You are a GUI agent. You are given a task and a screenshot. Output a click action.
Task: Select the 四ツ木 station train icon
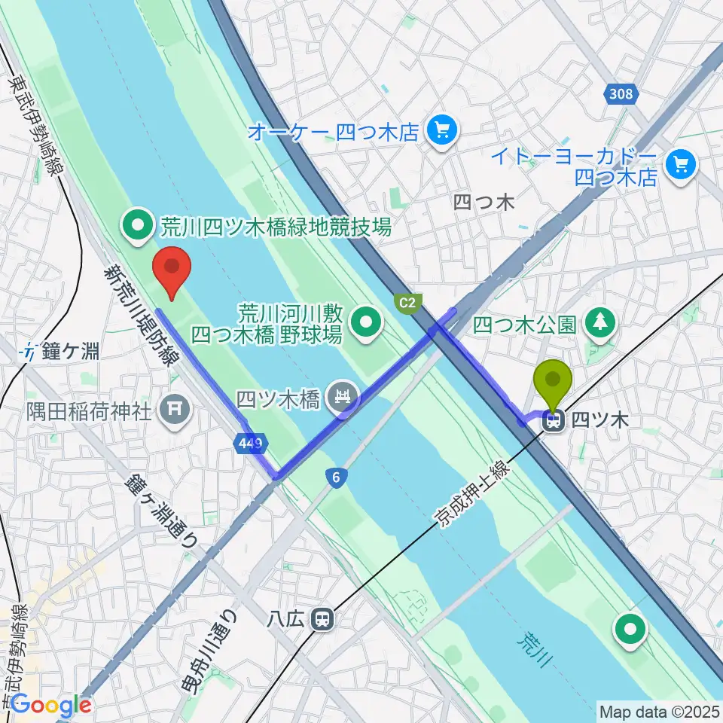[554, 422]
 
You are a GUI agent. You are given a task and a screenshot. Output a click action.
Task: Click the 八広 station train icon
[323, 619]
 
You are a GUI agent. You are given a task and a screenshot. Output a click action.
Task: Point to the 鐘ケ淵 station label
[68, 350]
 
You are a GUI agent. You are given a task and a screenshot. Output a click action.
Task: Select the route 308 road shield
[622, 93]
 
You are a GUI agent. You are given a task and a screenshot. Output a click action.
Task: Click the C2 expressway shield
[407, 303]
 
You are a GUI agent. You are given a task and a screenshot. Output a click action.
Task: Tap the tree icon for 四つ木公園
[599, 324]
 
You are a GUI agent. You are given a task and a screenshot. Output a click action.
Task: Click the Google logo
[50, 706]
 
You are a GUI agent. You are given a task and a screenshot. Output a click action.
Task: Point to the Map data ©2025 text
[658, 710]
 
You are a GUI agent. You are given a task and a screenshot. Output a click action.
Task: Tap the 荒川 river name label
[532, 651]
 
